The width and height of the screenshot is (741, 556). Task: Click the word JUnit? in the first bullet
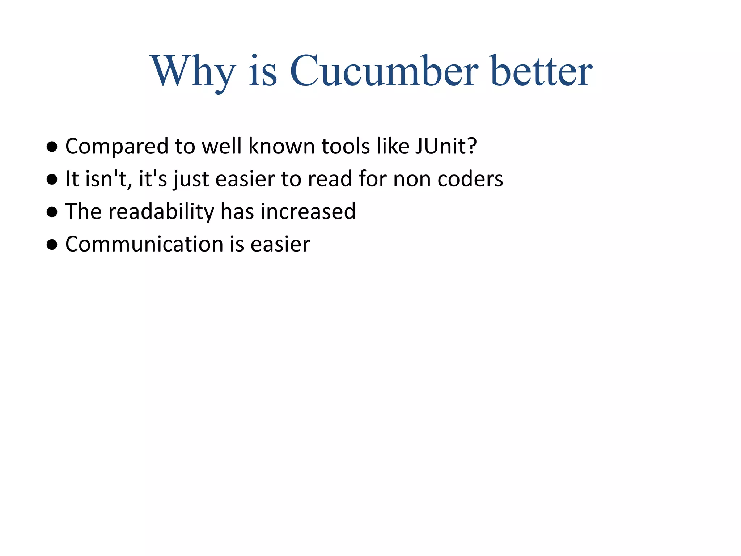pos(446,146)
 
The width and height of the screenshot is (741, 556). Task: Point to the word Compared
pos(117,146)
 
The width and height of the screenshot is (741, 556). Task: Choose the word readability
pos(161,211)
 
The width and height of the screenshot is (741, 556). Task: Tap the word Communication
pos(144,244)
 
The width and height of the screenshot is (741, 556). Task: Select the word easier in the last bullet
pos(280,244)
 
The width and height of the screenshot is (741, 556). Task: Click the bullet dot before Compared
pos(52,147)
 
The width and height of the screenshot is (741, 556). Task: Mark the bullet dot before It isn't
pos(52,180)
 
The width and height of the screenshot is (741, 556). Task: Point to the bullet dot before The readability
pos(52,212)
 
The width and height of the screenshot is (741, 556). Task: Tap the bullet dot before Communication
pos(52,245)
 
